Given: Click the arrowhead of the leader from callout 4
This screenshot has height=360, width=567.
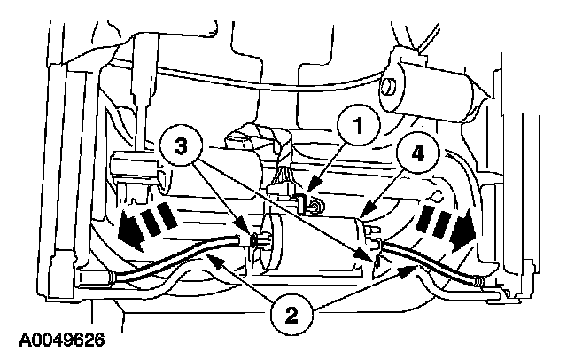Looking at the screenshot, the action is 366,216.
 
